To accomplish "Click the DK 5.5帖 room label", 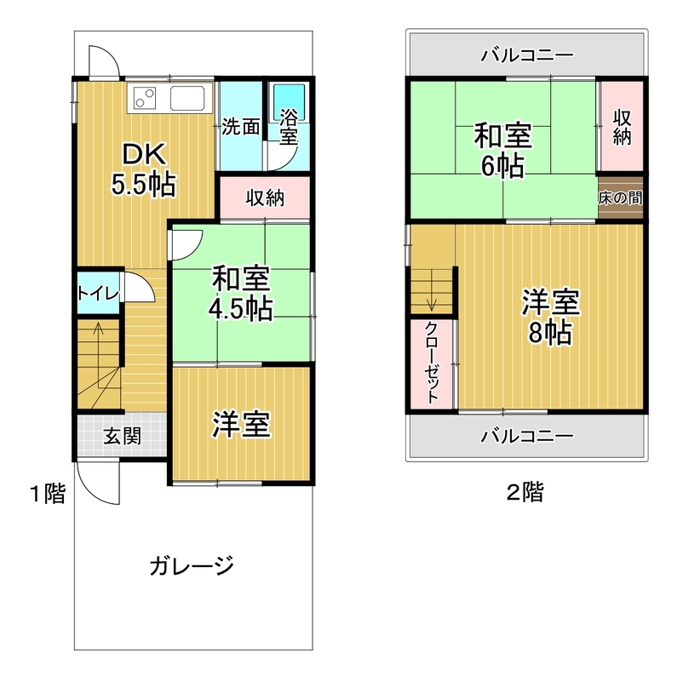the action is click(144, 169).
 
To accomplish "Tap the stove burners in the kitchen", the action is click(144, 98).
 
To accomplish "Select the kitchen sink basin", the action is click(187, 98).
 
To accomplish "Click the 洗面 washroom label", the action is click(241, 126).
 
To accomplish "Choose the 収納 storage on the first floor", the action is click(265, 197).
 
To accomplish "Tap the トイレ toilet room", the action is click(98, 293).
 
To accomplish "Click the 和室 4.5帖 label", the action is click(241, 293).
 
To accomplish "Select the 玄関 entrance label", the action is click(123, 436).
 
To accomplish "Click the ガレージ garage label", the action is click(192, 566).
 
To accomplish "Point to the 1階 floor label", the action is click(48, 494).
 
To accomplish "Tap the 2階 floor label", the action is click(525, 493).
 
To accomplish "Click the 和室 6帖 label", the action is click(502, 151).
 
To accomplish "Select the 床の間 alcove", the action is click(621, 197).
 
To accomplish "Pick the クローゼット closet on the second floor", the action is click(432, 363).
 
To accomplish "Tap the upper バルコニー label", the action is click(527, 55).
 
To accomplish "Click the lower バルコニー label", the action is click(527, 436).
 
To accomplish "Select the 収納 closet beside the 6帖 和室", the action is click(622, 126).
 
